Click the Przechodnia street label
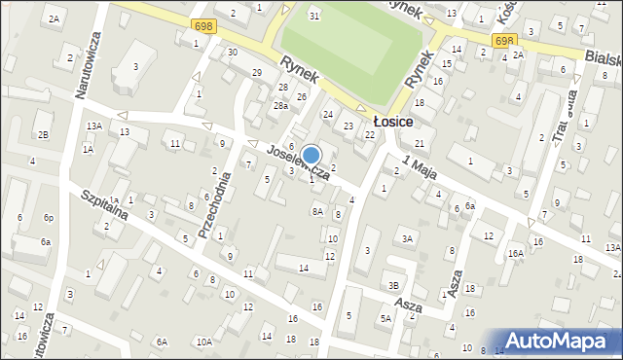coord(213,205)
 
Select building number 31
coord(313,16)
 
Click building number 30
coord(232,52)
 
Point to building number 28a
coord(279,105)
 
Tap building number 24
coord(328,115)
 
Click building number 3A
coord(408,238)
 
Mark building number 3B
coord(393,285)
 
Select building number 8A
coord(316,211)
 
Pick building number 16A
coord(515,253)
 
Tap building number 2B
coord(43,134)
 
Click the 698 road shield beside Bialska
coord(502,40)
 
